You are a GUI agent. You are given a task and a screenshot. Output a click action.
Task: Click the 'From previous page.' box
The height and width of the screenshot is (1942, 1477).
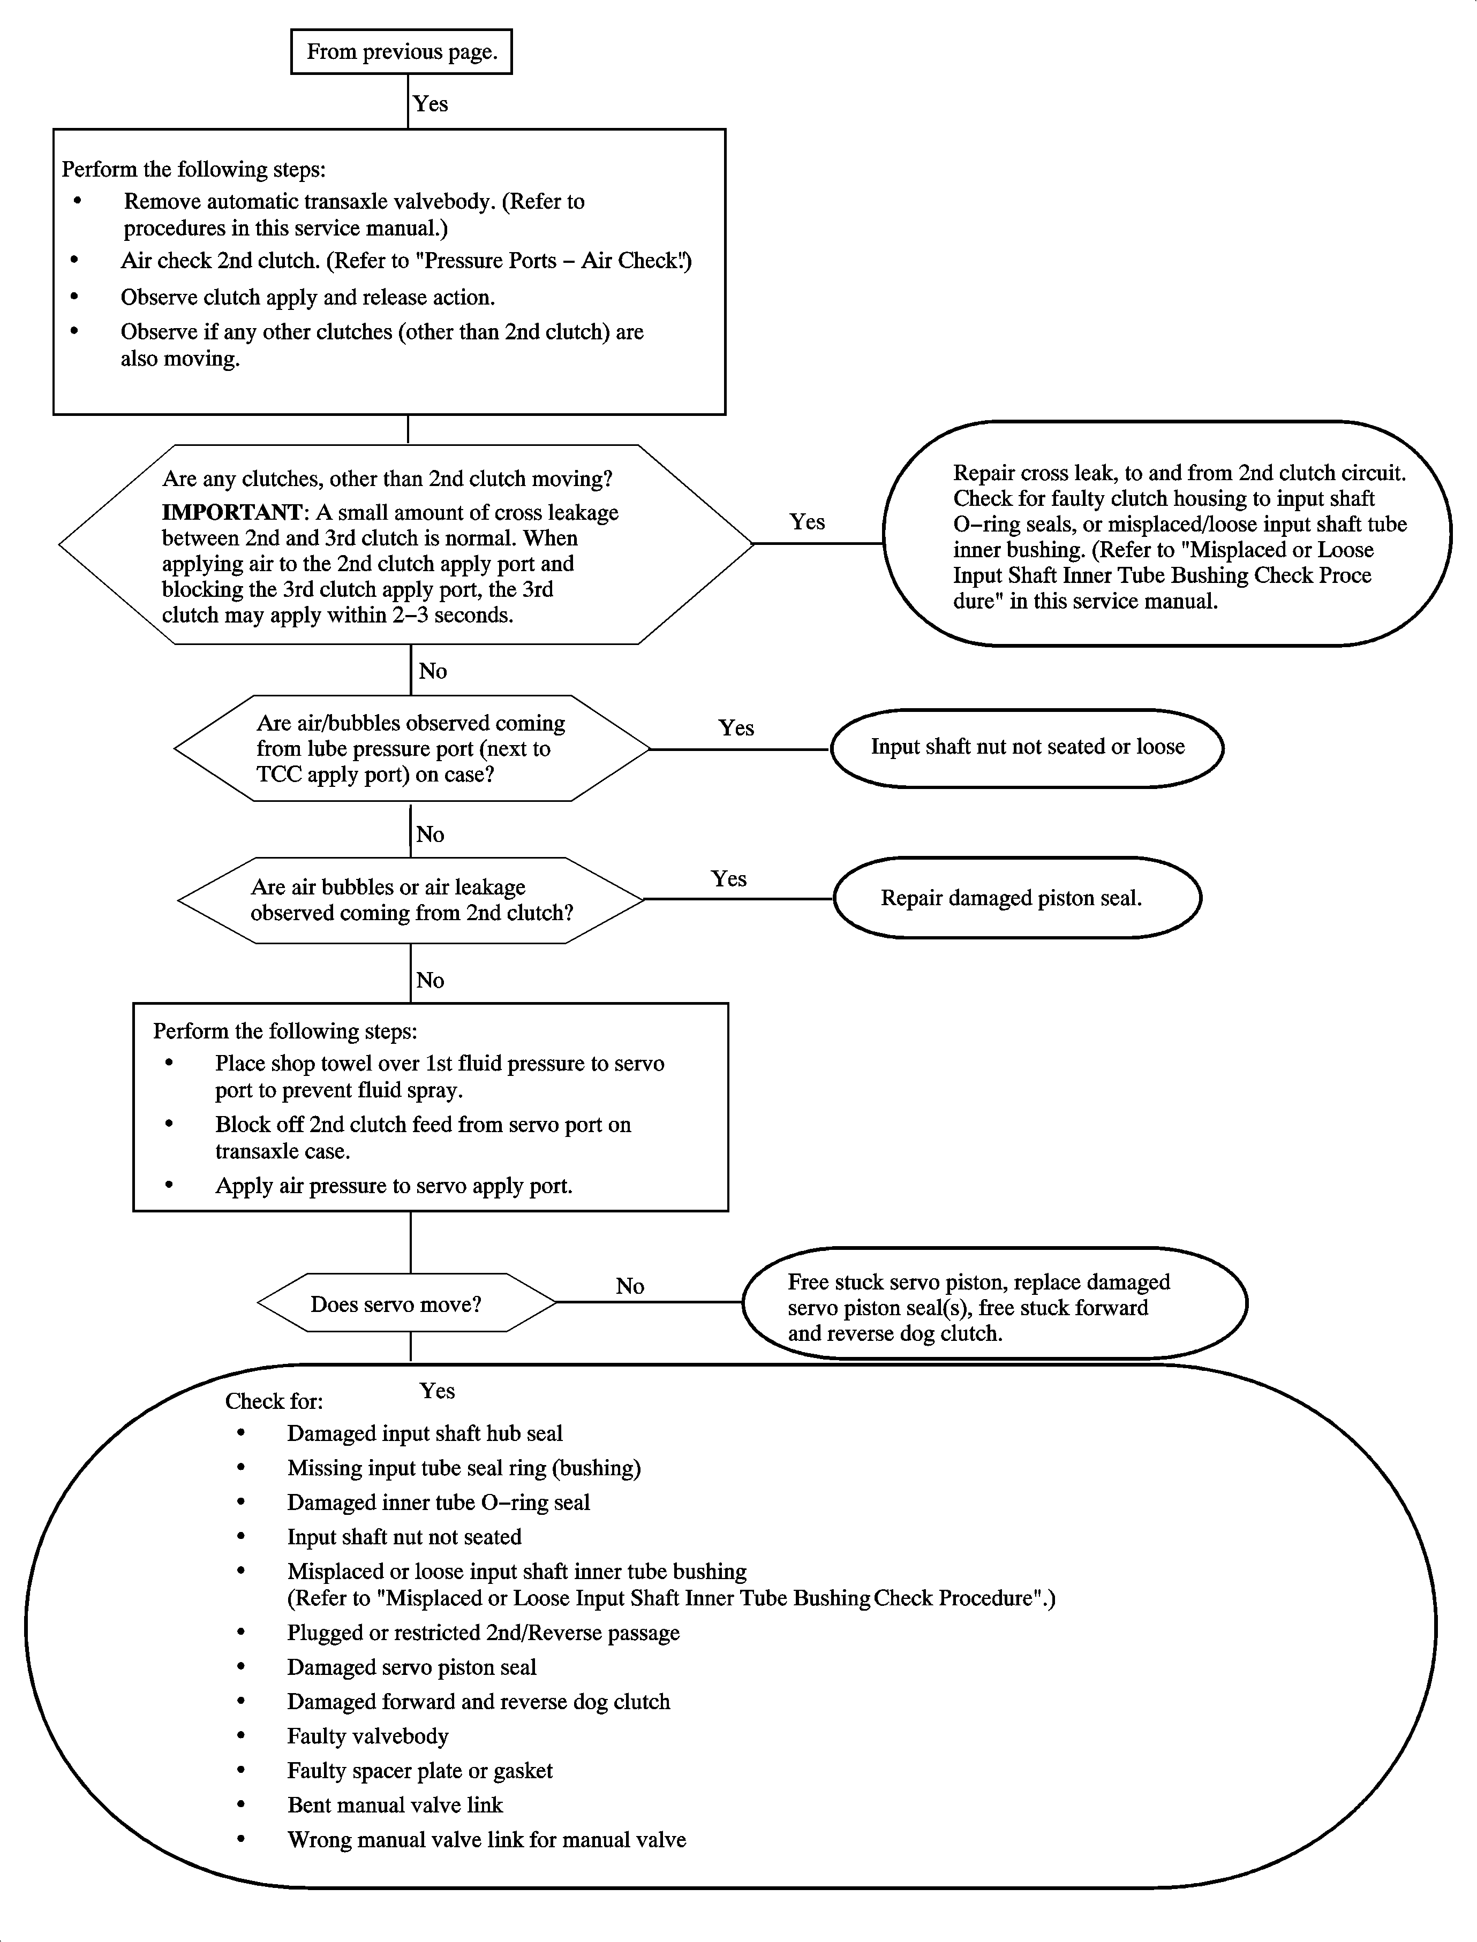(x=402, y=52)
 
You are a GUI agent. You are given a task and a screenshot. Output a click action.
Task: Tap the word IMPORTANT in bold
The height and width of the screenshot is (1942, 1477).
(x=231, y=512)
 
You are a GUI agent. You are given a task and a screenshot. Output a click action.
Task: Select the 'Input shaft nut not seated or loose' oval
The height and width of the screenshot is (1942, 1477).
(x=1027, y=748)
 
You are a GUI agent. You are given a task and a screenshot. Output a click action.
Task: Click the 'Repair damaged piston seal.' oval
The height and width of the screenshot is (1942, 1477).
(x=1016, y=898)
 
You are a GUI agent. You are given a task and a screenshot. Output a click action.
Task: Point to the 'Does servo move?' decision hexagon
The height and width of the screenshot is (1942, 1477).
(x=406, y=1304)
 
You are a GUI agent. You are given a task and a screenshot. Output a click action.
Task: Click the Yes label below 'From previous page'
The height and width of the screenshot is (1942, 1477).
(x=431, y=104)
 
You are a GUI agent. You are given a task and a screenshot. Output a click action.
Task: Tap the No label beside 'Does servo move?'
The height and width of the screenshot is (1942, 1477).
(x=629, y=1286)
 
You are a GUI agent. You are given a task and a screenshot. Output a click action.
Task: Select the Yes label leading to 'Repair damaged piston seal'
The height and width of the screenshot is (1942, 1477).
(x=729, y=879)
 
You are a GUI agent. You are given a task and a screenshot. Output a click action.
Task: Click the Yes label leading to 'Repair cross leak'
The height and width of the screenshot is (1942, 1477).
(x=807, y=522)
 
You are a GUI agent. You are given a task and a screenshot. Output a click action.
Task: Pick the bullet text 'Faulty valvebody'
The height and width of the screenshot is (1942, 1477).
(x=367, y=1736)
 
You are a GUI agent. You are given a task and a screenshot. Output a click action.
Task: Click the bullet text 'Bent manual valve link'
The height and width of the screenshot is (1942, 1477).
(x=395, y=1805)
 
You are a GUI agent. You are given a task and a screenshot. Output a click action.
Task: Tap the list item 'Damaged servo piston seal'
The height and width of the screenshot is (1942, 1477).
(x=411, y=1667)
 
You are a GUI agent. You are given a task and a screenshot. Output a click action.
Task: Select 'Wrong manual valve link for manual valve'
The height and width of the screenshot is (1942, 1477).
(x=486, y=1839)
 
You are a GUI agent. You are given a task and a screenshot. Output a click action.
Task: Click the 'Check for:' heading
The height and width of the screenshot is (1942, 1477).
(x=274, y=1401)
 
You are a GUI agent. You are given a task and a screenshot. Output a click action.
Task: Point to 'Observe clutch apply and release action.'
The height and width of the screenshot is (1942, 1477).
(x=308, y=297)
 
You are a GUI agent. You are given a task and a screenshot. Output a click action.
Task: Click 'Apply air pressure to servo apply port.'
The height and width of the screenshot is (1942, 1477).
(x=394, y=1186)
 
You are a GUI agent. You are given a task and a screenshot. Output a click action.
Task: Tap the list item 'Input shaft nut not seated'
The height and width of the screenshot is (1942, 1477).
(x=404, y=1537)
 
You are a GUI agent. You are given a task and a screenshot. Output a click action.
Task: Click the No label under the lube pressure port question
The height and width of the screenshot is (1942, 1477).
(x=430, y=834)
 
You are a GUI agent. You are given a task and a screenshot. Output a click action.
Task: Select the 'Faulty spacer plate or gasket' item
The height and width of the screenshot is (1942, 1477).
(x=419, y=1771)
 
